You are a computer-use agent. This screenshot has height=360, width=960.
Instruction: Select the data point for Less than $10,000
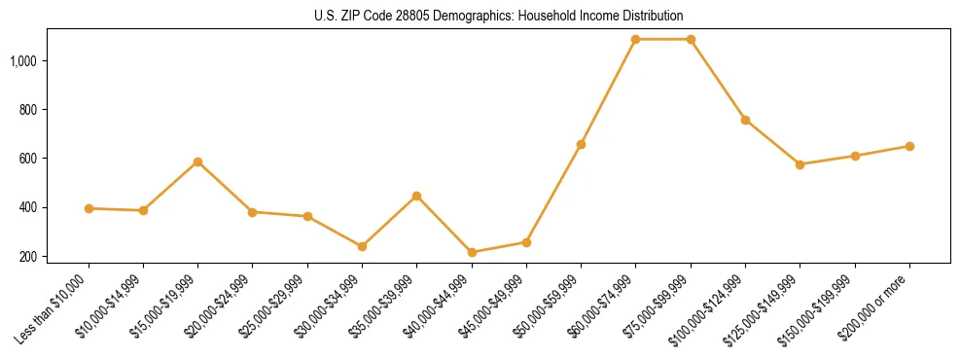click(x=89, y=208)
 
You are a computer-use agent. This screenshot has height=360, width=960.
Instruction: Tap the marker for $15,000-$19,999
click(x=198, y=162)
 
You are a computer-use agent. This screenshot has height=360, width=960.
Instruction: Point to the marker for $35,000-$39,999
click(x=417, y=196)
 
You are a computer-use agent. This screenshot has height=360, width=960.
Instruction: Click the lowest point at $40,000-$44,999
click(x=472, y=252)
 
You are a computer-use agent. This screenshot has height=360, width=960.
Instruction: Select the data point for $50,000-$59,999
click(x=581, y=144)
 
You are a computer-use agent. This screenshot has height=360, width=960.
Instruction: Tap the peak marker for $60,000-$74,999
click(x=636, y=39)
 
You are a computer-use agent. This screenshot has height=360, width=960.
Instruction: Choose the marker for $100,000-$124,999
click(x=745, y=120)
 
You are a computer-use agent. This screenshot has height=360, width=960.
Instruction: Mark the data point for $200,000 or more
click(x=909, y=146)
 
